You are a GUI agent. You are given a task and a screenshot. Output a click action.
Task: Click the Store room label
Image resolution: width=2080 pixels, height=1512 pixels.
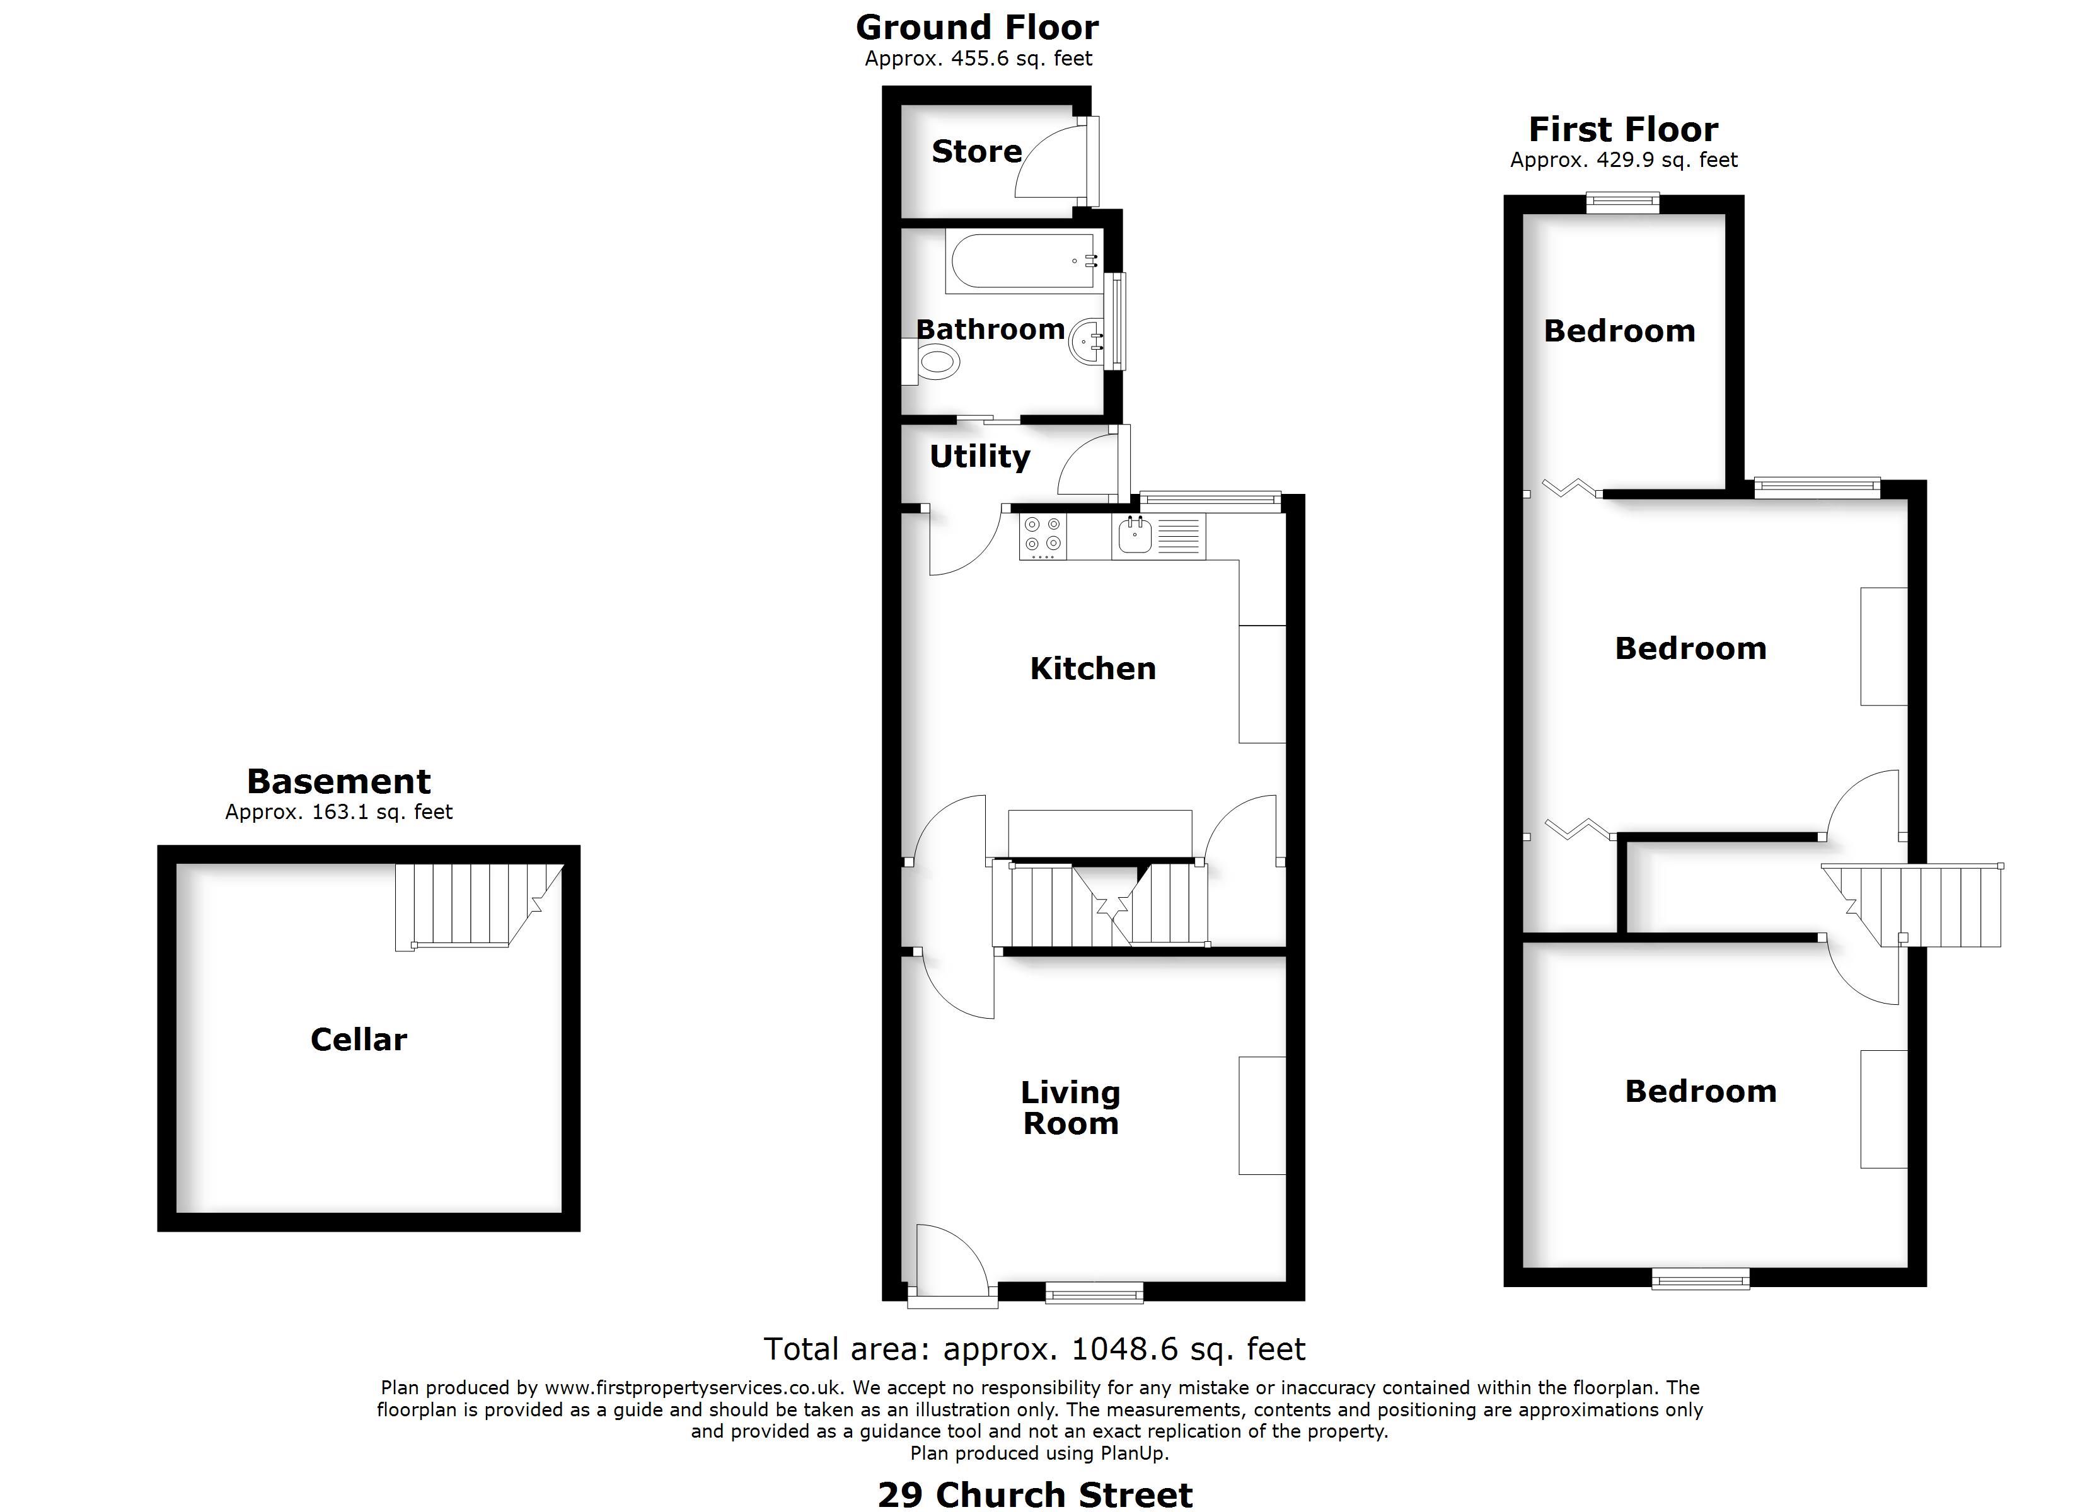(x=977, y=151)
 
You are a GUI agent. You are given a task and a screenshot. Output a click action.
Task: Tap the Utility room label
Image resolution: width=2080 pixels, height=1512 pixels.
(x=980, y=457)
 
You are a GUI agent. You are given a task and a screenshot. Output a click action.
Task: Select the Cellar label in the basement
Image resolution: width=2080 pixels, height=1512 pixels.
(x=359, y=1039)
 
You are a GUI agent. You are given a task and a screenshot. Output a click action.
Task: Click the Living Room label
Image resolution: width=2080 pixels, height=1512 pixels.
(x=1071, y=1108)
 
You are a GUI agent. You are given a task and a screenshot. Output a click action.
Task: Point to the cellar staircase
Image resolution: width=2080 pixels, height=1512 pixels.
(x=479, y=906)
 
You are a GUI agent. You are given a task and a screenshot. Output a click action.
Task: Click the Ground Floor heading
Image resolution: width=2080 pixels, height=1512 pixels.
(x=978, y=28)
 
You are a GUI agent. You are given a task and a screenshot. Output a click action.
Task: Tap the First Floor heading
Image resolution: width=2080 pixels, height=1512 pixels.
(x=1623, y=129)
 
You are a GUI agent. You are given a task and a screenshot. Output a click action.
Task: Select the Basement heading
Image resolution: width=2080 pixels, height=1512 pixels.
(x=338, y=781)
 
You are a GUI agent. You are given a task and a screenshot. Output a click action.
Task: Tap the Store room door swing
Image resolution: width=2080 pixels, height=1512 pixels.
(x=1053, y=161)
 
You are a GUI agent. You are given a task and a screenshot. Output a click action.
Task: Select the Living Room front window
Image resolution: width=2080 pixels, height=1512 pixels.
(x=1095, y=1293)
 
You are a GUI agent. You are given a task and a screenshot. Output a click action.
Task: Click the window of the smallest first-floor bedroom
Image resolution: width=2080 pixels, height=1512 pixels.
(x=1623, y=203)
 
